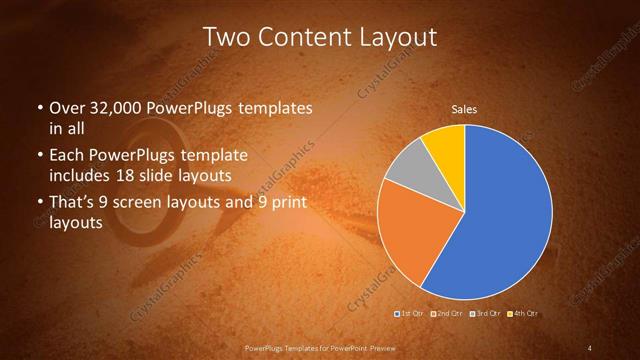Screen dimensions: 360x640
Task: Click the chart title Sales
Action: pos(463,108)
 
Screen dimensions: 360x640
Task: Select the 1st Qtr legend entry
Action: pos(411,314)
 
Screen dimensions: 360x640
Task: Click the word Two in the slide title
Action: pos(224,38)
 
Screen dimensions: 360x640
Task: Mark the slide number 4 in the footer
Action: pos(590,348)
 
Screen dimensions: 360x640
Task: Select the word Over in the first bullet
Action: pos(65,108)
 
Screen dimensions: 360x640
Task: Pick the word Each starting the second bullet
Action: pos(66,156)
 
